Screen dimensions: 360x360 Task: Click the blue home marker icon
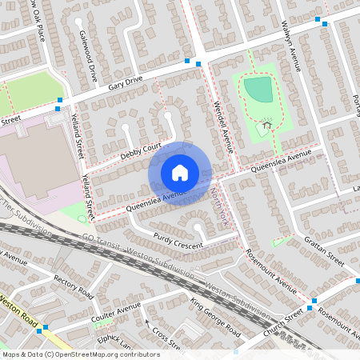(180, 172)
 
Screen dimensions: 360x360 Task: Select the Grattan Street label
(324, 251)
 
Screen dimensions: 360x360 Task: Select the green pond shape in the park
(258, 90)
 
